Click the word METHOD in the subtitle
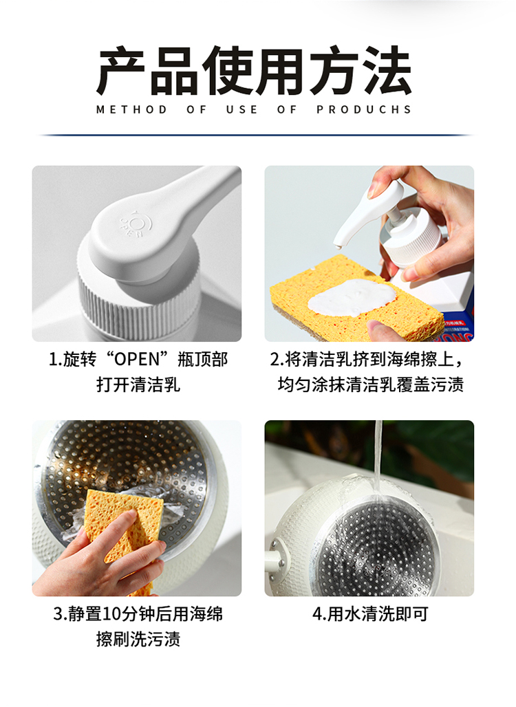point(131,109)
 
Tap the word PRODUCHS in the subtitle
point(364,109)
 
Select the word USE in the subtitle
point(241,109)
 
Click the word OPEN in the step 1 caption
point(137,360)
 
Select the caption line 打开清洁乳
point(138,384)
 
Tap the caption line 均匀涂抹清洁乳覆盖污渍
point(371,384)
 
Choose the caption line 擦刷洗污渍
point(138,640)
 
